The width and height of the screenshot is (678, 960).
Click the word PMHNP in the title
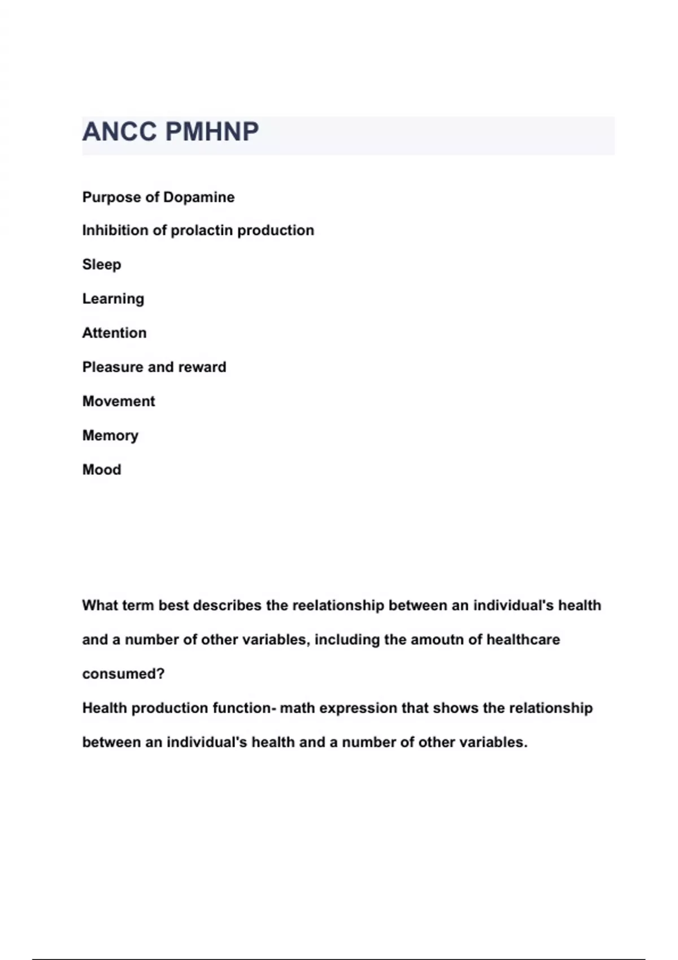(212, 132)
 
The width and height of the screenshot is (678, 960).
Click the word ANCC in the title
(119, 132)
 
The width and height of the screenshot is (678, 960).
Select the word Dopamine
(198, 197)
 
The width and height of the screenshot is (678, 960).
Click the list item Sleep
(102, 265)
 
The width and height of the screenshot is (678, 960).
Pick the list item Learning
(113, 299)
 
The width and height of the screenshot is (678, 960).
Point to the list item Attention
(114, 333)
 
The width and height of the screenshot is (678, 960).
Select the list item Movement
(119, 402)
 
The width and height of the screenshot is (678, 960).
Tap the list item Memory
(110, 435)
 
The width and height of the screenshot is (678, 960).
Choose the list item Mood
(102, 470)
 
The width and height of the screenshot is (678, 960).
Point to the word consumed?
(123, 674)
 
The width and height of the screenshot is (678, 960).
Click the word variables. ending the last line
(493, 743)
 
